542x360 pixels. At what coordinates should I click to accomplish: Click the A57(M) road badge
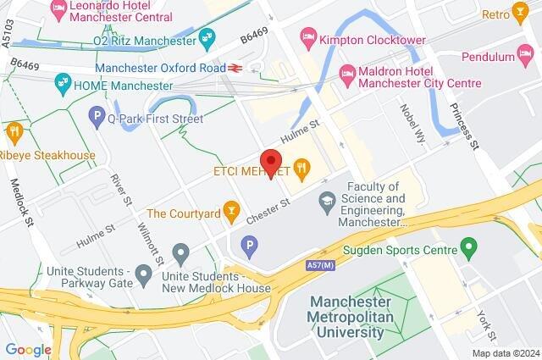[322, 265]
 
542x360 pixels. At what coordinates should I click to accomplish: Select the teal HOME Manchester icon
[62, 84]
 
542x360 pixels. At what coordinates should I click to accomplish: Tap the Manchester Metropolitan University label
[351, 316]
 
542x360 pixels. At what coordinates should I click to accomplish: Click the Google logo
[28, 349]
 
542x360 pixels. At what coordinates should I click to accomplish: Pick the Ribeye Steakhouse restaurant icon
[14, 132]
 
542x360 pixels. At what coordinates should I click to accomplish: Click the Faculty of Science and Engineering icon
[325, 201]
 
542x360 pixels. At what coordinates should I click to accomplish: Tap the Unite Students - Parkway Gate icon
[144, 272]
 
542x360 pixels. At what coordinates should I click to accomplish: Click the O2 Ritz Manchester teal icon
[206, 37]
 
